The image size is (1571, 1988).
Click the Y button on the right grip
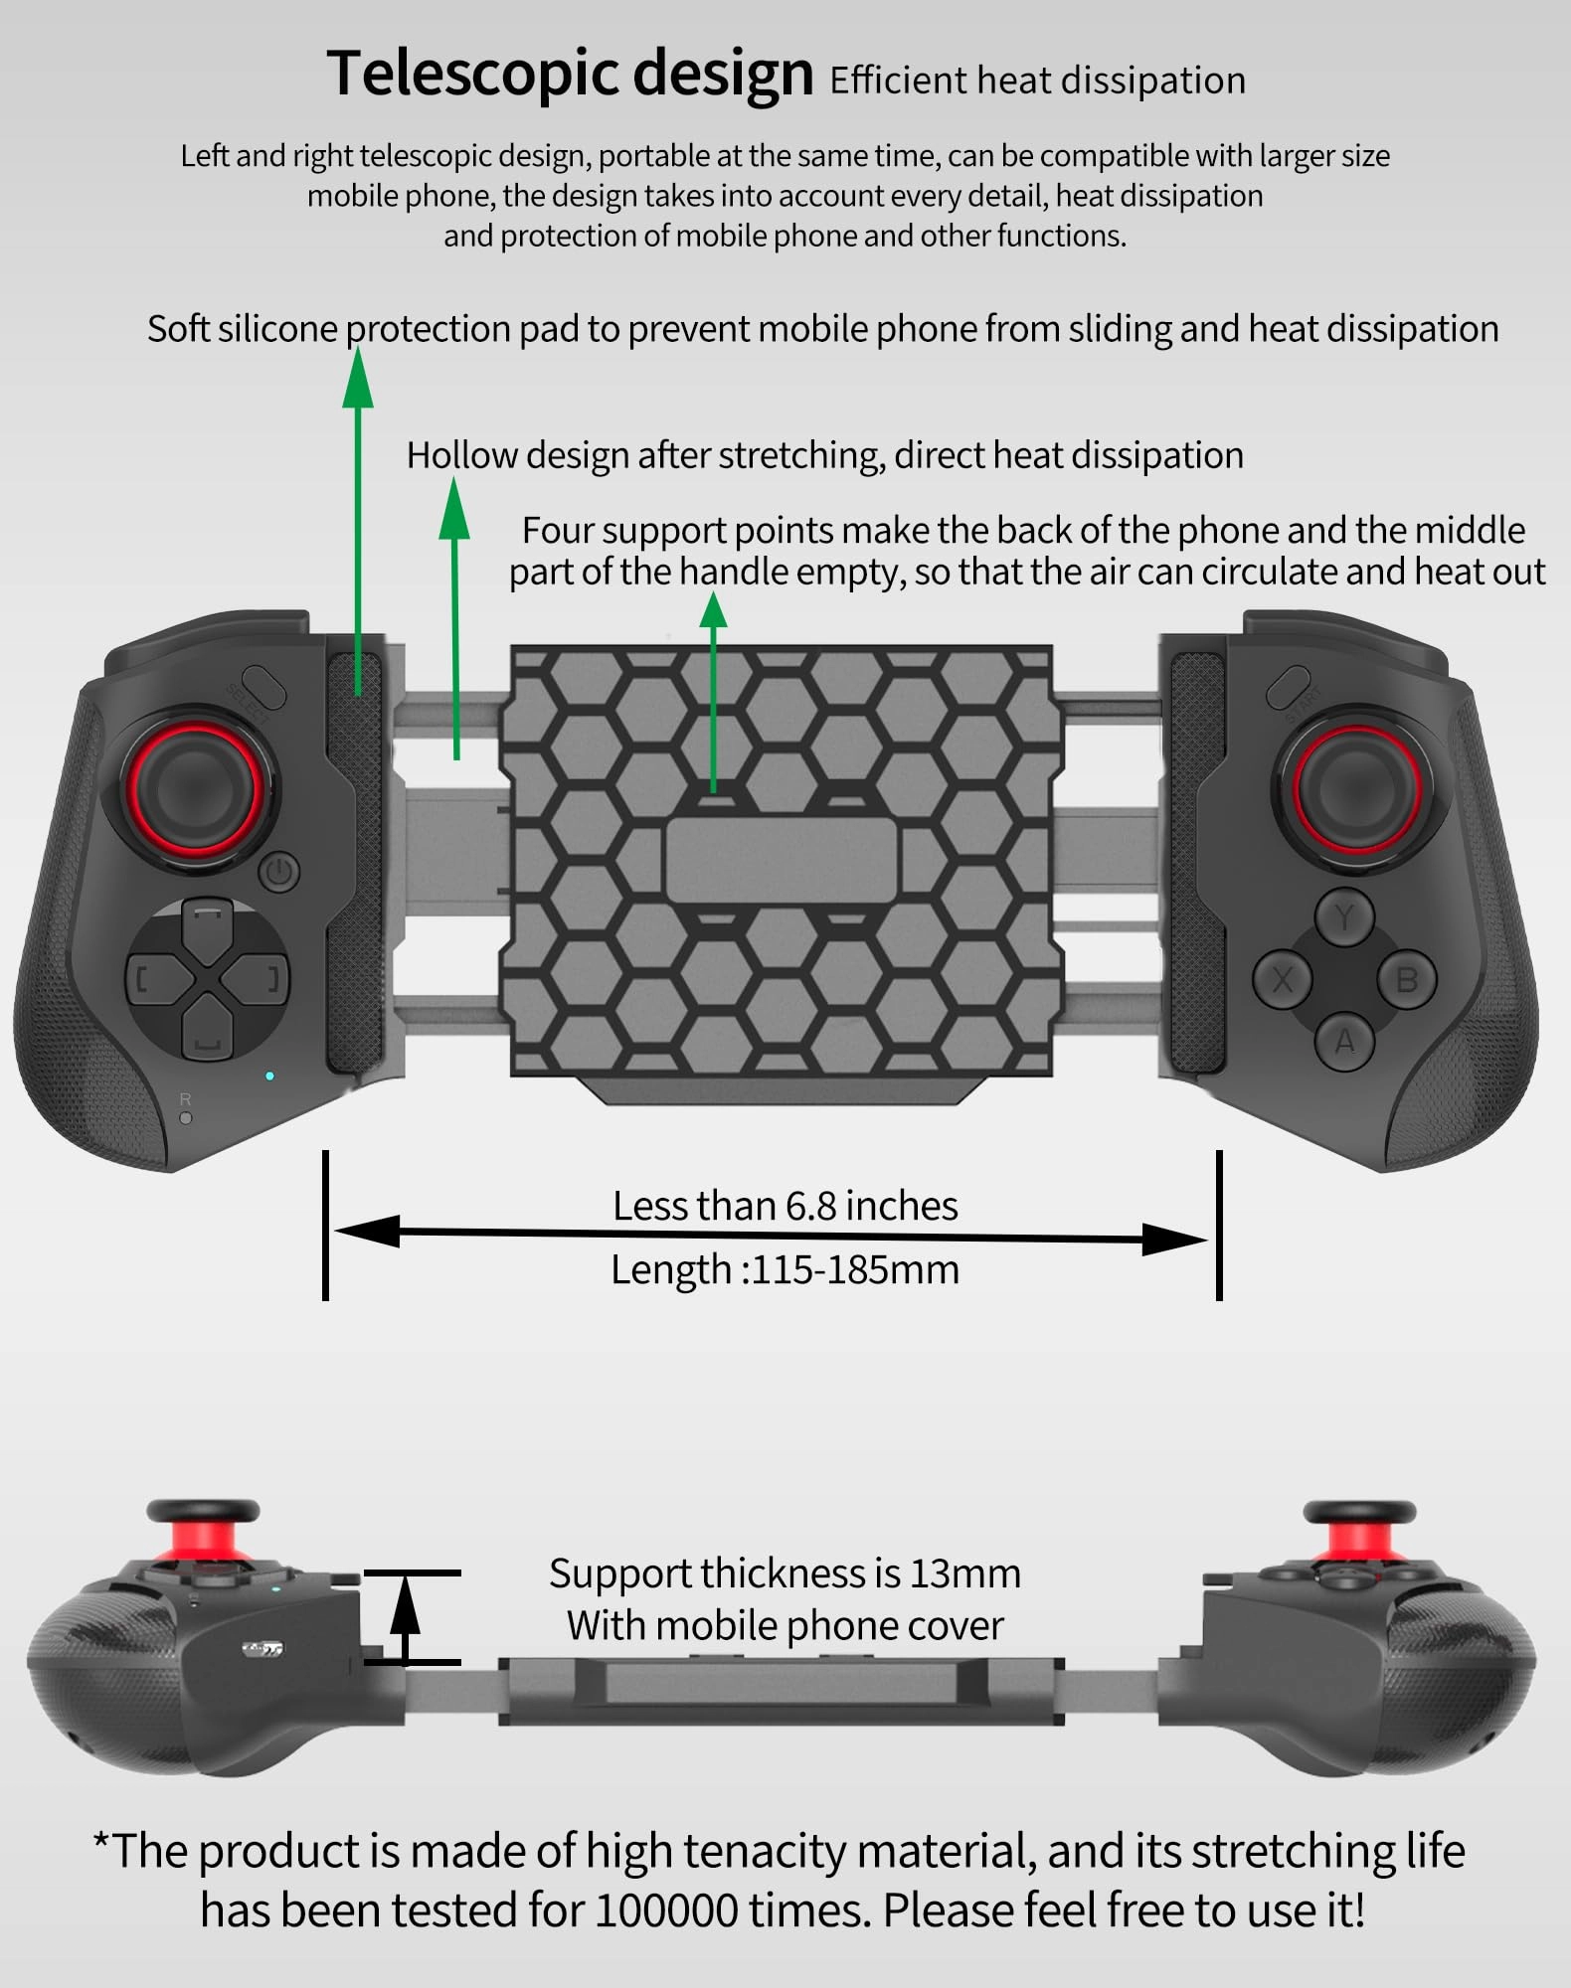click(1344, 916)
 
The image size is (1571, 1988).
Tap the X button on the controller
click(1282, 980)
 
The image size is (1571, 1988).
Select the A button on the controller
click(1344, 1042)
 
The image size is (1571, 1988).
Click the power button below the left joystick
click(279, 873)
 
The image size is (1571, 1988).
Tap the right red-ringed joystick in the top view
click(1356, 788)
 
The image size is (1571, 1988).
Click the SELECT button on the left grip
click(262, 687)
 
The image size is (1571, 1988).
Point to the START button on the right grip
click(1289, 686)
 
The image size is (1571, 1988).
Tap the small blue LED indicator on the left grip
click(269, 1076)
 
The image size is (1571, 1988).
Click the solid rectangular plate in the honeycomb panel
click(781, 861)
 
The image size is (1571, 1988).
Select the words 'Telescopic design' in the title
click(570, 74)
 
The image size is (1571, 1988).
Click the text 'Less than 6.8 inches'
click(785, 1206)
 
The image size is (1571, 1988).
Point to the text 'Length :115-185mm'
click(785, 1270)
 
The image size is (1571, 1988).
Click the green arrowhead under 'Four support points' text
click(713, 609)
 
